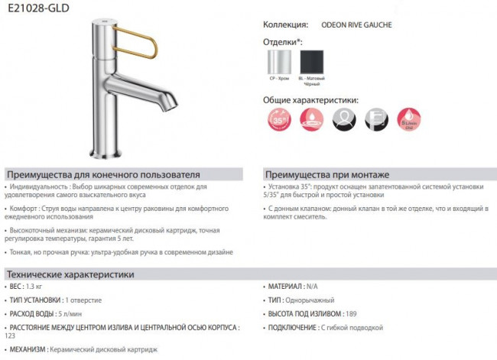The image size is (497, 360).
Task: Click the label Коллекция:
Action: pos(285,25)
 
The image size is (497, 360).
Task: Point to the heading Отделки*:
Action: pos(283,41)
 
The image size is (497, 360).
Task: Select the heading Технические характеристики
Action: pos(70,274)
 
